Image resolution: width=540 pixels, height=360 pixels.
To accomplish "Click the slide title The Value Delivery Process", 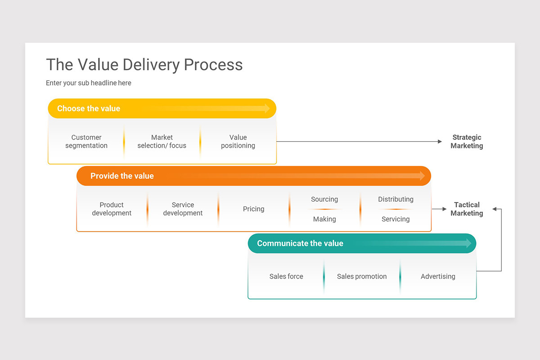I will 144,65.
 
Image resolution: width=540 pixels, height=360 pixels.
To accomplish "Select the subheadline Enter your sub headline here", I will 89,83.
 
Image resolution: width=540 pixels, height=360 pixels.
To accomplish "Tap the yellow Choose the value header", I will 89,108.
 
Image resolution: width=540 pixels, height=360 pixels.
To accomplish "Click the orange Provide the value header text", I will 122,176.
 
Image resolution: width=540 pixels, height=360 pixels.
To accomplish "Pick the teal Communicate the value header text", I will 300,243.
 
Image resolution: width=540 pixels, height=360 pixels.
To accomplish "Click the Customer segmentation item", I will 86,141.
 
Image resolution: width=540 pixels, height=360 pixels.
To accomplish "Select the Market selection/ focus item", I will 162,141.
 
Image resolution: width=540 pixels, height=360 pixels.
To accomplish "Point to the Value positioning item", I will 238,141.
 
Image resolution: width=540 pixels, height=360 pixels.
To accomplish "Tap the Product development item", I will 112,209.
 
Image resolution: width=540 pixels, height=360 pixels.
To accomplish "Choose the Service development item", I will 183,209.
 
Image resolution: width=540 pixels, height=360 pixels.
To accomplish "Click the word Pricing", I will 254,209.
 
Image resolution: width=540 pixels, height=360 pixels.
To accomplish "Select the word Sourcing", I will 324,199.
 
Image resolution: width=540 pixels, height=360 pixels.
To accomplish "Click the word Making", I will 324,219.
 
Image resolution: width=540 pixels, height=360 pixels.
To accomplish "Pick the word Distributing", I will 396,199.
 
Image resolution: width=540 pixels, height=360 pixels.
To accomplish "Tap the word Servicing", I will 396,219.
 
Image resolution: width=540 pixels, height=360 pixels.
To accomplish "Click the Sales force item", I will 286,276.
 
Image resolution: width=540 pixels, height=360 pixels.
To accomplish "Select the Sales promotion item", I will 362,276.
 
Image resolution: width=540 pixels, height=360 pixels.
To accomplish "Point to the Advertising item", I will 438,276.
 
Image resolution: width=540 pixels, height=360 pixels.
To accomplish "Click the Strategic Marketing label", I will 467,141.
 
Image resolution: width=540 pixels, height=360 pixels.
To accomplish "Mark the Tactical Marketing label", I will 467,209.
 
